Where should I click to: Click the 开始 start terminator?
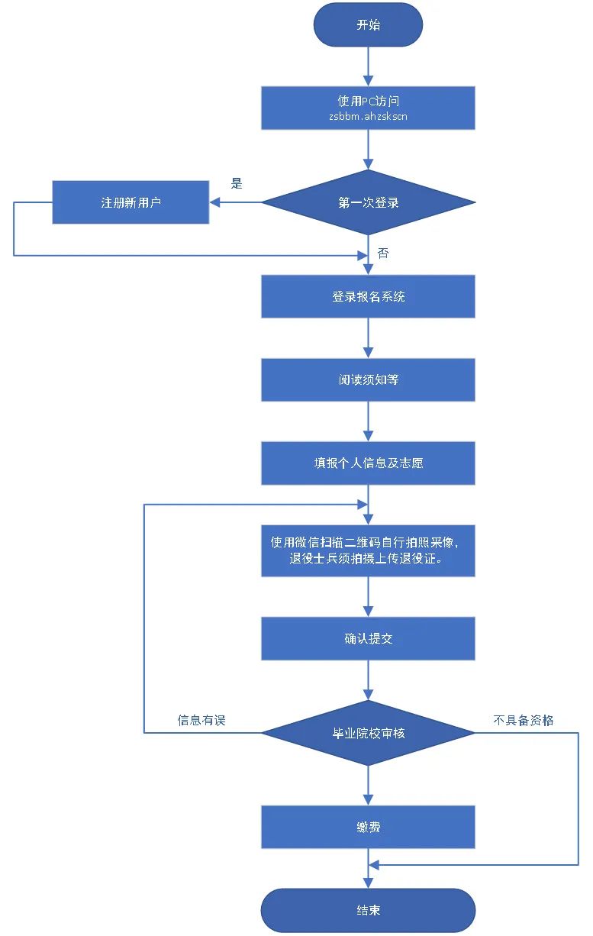tap(368, 24)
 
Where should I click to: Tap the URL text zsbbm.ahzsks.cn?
tap(368, 117)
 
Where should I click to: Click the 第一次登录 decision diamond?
tap(368, 203)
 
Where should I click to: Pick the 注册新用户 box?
tap(131, 202)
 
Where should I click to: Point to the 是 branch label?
tap(237, 183)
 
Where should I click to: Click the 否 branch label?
tap(382, 253)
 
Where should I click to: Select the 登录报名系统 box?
tap(368, 296)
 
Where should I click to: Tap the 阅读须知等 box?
tap(368, 379)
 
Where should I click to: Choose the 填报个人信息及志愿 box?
tap(368, 463)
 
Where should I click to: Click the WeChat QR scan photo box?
tap(368, 550)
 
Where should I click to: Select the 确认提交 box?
tap(368, 638)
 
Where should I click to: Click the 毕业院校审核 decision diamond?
tap(368, 733)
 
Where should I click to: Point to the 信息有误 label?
tap(201, 720)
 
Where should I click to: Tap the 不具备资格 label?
tap(524, 720)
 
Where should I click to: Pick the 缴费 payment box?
tap(368, 827)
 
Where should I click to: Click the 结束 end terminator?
tap(368, 910)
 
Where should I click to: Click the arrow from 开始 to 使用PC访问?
tap(368, 66)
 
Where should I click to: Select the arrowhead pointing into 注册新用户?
tap(215, 202)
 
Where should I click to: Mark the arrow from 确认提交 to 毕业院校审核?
tap(368, 680)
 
